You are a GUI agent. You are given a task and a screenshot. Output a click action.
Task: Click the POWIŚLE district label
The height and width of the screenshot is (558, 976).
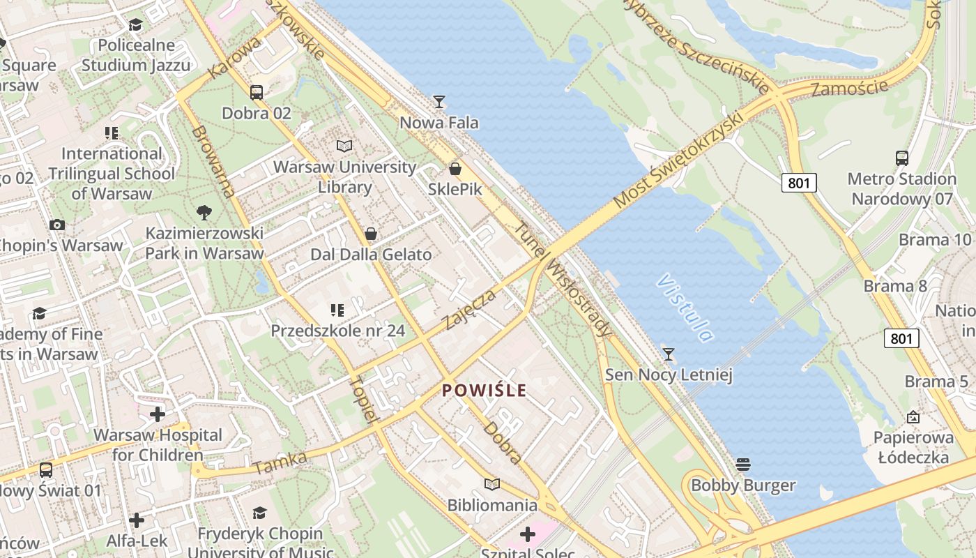[485, 391]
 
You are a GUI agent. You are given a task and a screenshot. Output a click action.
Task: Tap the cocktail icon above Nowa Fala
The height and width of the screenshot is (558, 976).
[439, 102]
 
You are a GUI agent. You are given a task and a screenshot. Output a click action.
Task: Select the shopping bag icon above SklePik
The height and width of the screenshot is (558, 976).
[455, 169]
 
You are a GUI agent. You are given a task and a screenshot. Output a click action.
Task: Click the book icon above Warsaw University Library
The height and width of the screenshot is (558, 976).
[344, 146]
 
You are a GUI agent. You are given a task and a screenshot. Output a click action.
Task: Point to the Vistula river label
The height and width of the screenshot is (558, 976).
[685, 308]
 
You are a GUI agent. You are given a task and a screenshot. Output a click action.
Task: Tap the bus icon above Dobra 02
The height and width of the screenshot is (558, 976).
[257, 92]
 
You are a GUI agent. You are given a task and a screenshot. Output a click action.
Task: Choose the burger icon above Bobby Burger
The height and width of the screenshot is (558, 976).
[743, 465]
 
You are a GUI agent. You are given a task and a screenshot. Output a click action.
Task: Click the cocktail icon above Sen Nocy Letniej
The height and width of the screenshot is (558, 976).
[669, 354]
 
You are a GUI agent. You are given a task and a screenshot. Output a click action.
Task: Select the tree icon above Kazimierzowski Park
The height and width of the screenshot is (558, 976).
[204, 212]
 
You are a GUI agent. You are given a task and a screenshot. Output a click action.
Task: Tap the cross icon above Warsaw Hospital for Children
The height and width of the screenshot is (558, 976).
[158, 414]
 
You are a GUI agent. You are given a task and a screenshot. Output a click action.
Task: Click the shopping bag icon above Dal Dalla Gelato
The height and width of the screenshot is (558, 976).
[371, 233]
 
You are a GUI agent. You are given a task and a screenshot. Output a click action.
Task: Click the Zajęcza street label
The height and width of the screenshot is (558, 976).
[471, 310]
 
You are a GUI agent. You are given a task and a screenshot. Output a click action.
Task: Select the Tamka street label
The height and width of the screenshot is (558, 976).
[280, 463]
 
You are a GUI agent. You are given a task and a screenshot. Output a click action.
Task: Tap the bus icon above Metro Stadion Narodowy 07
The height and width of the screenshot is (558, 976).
[902, 158]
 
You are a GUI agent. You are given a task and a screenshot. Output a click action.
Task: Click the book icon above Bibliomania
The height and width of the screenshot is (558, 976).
[492, 484]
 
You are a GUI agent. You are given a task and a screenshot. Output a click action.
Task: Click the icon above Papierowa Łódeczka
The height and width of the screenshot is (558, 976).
[913, 417]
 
